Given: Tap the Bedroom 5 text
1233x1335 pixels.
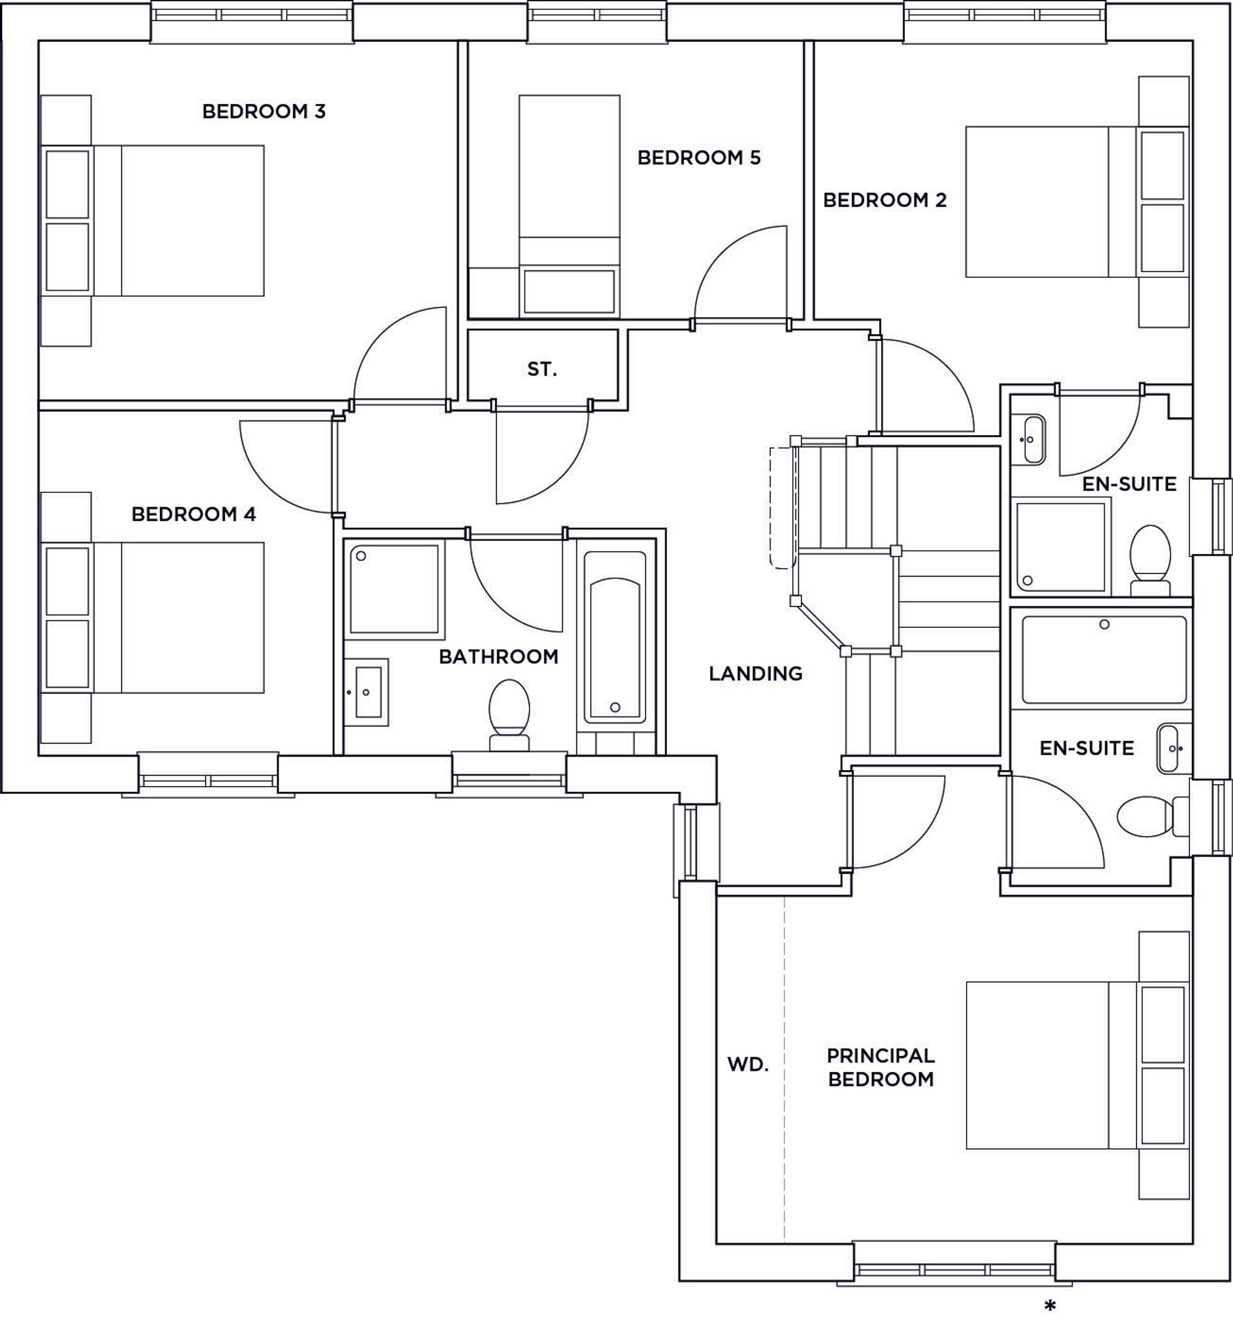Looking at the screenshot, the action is [698, 158].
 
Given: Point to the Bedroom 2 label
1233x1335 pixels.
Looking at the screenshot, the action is [885, 200].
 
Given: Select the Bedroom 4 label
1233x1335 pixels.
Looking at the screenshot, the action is [194, 514].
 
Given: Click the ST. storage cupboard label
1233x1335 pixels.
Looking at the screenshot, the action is [542, 369].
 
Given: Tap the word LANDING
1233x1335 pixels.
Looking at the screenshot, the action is [755, 673].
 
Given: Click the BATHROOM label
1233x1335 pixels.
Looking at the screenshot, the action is [498, 657].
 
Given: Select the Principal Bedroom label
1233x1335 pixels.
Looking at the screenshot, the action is [881, 1068].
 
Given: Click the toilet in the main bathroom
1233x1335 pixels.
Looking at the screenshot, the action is [509, 715].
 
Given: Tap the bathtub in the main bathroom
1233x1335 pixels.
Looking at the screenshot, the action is [615, 637].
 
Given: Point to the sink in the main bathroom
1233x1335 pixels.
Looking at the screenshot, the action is [366, 692].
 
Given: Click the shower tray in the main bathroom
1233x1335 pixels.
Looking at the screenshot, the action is [395, 590].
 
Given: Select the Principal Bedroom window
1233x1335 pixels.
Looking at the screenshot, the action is [954, 1262].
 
